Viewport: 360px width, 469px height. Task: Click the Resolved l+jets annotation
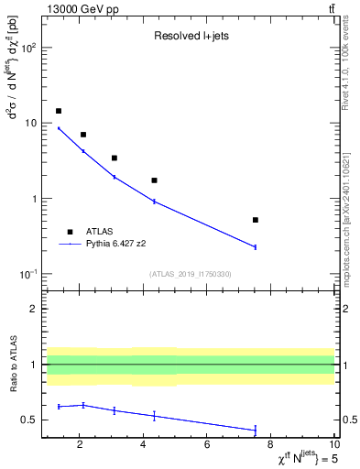click(x=189, y=37)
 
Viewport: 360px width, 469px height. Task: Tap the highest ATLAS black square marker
click(x=59, y=111)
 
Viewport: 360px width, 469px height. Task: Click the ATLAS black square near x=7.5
click(x=255, y=220)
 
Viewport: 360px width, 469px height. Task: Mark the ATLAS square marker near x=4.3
click(x=154, y=180)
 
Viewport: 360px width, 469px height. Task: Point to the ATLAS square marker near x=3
click(x=115, y=158)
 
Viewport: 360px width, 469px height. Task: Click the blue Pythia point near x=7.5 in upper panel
click(x=255, y=246)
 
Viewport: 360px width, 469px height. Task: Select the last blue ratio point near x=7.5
click(x=255, y=430)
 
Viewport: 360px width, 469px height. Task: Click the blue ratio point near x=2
click(x=83, y=405)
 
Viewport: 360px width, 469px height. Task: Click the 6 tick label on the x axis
click(x=207, y=446)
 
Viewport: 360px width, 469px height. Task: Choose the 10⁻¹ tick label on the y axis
click(x=27, y=274)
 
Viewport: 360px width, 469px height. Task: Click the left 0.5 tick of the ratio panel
click(x=31, y=420)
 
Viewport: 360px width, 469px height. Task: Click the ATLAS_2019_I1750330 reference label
click(x=191, y=274)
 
